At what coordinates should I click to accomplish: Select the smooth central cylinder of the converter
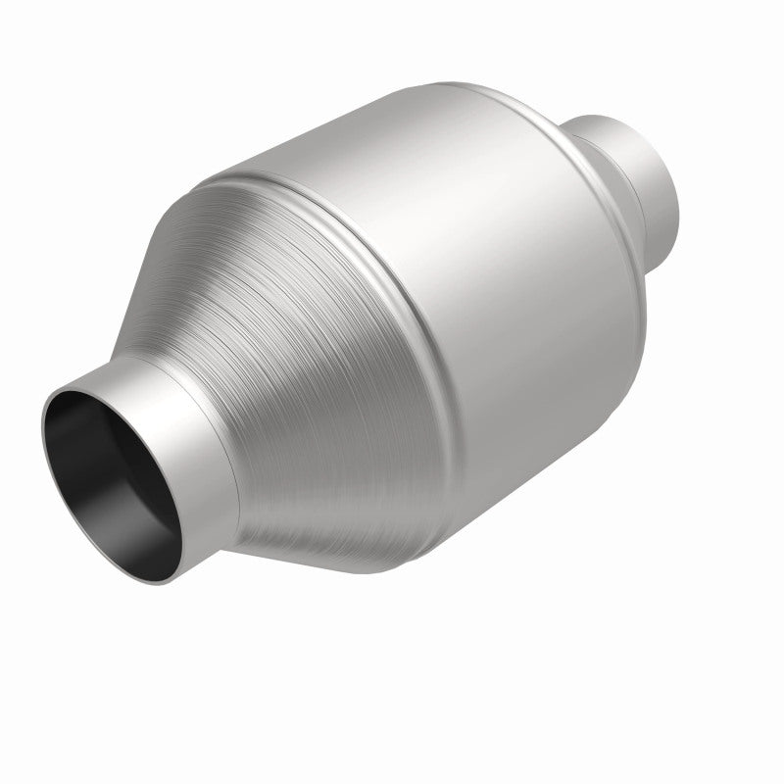(x=490, y=294)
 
